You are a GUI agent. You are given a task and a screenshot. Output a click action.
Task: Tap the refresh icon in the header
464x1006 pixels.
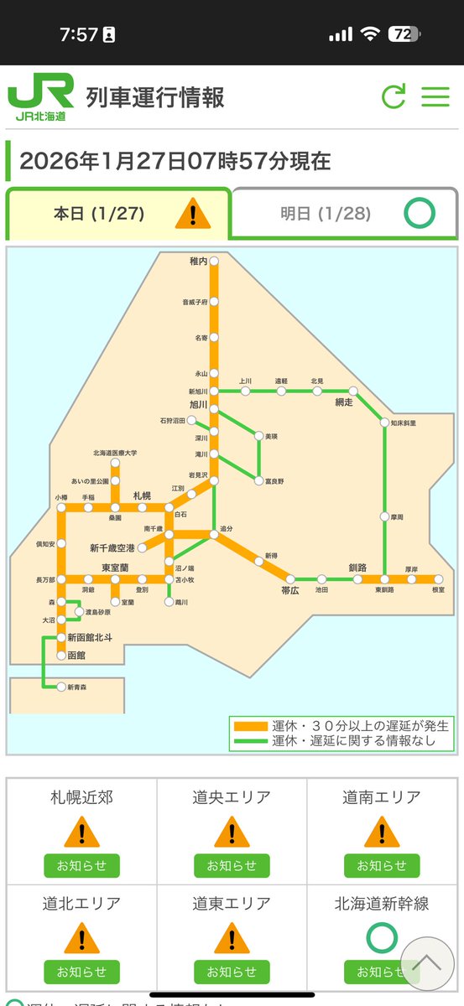click(x=393, y=96)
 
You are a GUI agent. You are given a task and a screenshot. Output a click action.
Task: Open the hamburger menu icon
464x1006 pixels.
click(x=435, y=96)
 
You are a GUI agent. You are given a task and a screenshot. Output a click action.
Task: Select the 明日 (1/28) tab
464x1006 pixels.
click(x=345, y=213)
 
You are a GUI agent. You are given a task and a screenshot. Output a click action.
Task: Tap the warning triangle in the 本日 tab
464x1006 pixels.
click(x=192, y=214)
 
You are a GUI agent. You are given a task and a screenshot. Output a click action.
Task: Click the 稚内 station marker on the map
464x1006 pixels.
click(x=214, y=262)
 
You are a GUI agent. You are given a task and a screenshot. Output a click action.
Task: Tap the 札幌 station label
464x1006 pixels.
click(x=142, y=495)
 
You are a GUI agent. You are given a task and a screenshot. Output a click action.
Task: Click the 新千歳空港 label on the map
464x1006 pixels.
click(x=112, y=547)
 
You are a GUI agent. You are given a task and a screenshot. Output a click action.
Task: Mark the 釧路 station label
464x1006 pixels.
click(x=358, y=568)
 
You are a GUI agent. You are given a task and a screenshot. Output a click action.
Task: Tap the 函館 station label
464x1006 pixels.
click(x=76, y=655)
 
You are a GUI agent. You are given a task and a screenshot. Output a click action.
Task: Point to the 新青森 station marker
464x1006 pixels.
click(x=61, y=687)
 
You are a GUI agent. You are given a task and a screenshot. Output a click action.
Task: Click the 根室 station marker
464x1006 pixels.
click(x=438, y=578)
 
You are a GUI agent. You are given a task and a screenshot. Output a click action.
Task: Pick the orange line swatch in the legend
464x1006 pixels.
click(x=250, y=726)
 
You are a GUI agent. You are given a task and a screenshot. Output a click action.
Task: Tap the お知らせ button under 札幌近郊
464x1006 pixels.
click(x=81, y=865)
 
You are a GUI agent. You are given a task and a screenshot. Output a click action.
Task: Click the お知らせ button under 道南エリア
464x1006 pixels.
click(x=382, y=865)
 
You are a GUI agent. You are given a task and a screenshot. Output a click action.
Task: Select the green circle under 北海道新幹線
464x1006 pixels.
click(x=382, y=936)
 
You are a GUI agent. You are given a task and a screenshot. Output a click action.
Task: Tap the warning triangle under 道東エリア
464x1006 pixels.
click(x=232, y=937)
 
